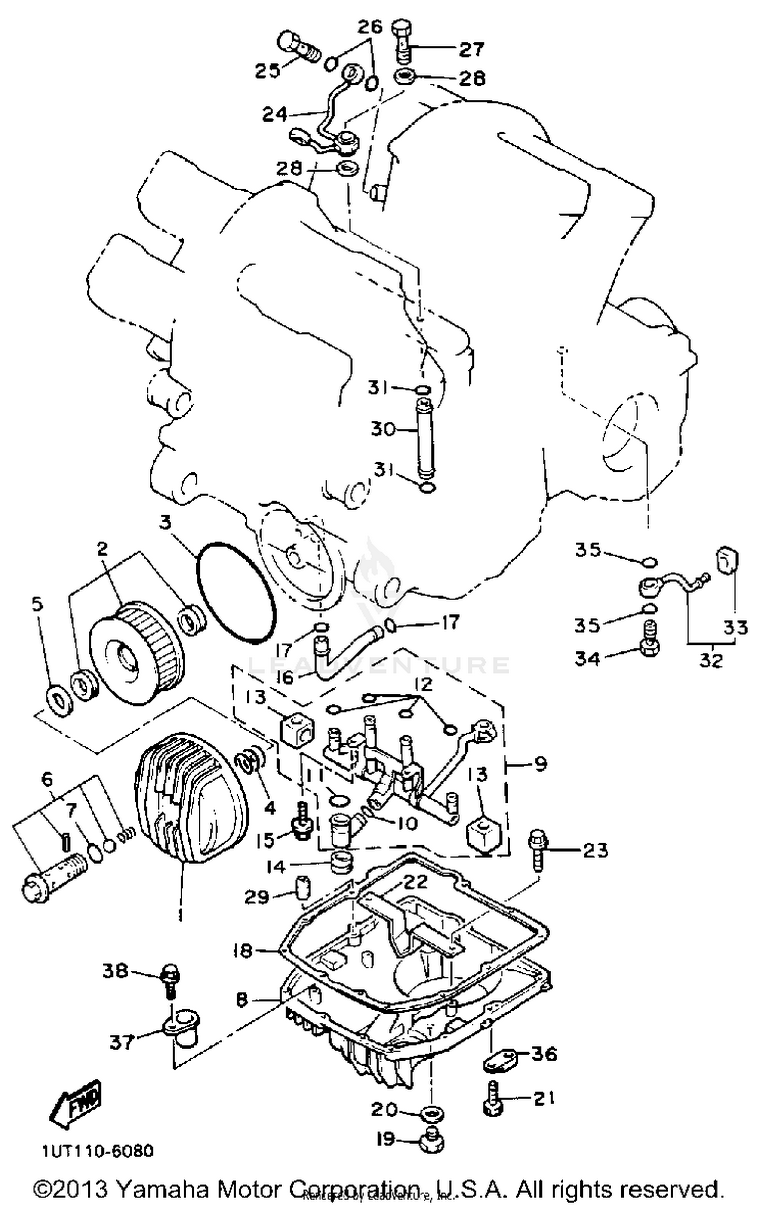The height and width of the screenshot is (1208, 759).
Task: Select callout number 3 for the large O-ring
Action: pos(165,522)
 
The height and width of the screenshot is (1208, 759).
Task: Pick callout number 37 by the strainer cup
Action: pos(122,1042)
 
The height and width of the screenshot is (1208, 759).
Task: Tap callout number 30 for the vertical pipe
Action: pos(383,429)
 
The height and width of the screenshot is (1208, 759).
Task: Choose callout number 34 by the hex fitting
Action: pos(587,659)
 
